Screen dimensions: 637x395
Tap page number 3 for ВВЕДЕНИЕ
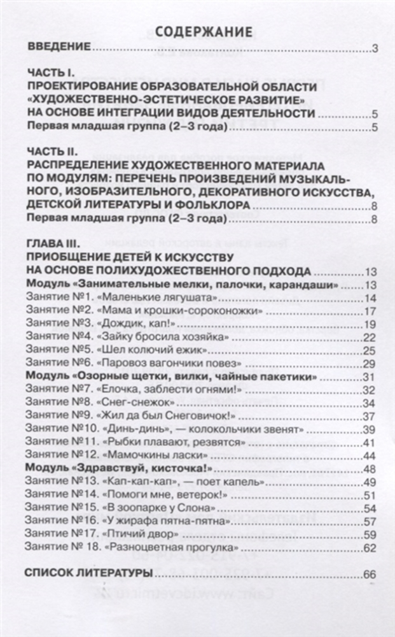(375, 49)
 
